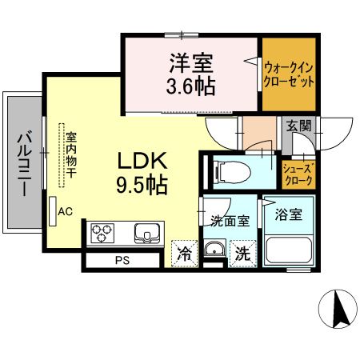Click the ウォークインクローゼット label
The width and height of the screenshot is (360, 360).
point(290,74)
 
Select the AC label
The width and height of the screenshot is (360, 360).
point(66,211)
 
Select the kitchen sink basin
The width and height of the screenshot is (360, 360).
point(148,234)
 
